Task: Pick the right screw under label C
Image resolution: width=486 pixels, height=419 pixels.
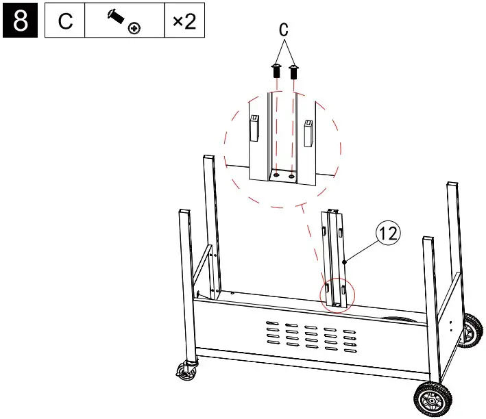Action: [293, 71]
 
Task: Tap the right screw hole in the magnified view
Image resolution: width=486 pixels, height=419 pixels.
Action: [292, 175]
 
